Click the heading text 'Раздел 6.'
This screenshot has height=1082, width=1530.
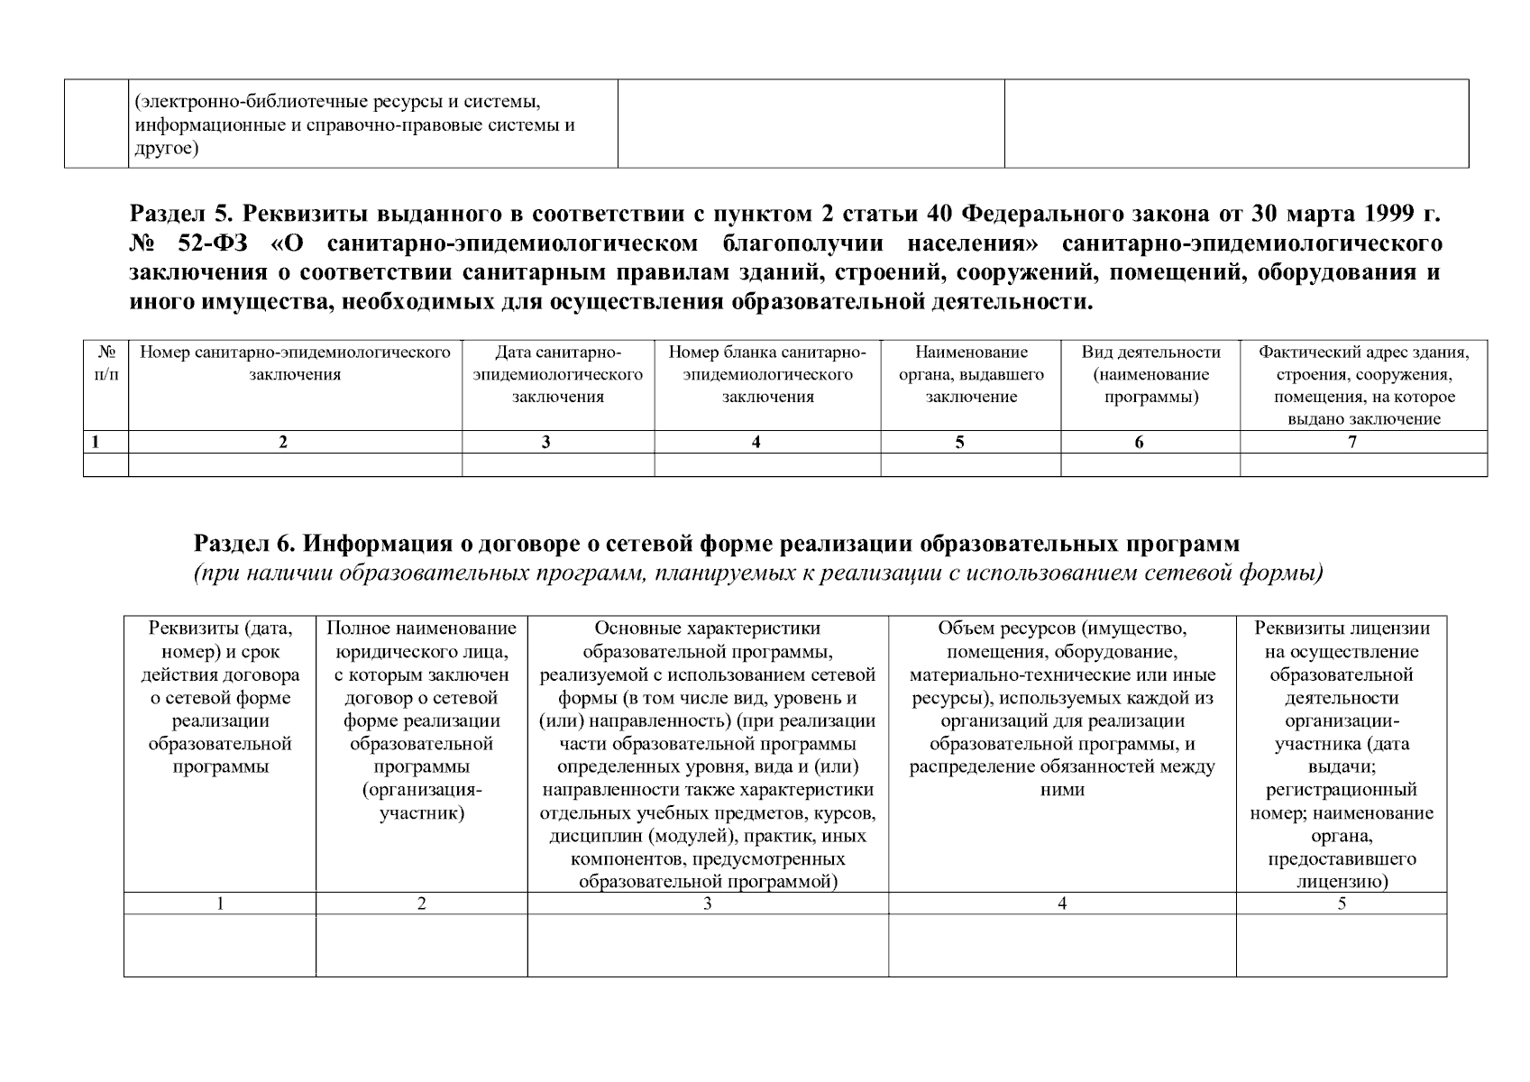pyautogui.click(x=244, y=544)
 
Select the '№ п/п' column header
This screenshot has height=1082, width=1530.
pyautogui.click(x=105, y=363)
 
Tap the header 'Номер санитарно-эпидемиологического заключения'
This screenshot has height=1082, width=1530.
pyautogui.click(x=295, y=363)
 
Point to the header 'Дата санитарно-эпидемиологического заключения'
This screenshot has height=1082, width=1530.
pyautogui.click(x=558, y=374)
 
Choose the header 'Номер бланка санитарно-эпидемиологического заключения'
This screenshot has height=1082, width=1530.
pyautogui.click(x=767, y=374)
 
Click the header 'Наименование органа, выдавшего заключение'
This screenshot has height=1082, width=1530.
pyautogui.click(x=971, y=374)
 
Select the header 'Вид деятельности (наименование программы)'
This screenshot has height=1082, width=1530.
pyautogui.click(x=1150, y=374)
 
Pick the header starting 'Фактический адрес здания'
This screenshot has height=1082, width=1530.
pyautogui.click(x=1363, y=385)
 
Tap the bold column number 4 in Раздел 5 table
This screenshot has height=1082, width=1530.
pyautogui.click(x=756, y=442)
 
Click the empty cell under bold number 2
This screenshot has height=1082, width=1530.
pyautogui.click(x=295, y=464)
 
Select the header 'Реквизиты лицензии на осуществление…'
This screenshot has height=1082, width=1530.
pyautogui.click(x=1341, y=755)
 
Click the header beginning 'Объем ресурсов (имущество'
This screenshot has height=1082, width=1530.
pyautogui.click(x=1062, y=709)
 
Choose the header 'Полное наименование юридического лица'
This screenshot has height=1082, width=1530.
pyautogui.click(x=421, y=720)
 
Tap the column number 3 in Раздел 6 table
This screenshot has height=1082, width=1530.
pyautogui.click(x=708, y=903)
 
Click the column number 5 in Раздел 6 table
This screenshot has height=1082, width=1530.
pyautogui.click(x=1342, y=903)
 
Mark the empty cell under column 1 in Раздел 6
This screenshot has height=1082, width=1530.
pyautogui.click(x=220, y=946)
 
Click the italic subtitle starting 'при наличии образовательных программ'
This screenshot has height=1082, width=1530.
pyautogui.click(x=758, y=573)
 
